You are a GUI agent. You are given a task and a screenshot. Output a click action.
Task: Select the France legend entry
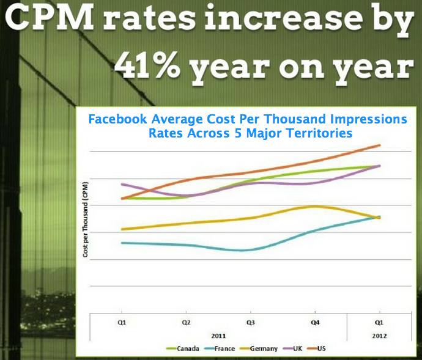point(221,348)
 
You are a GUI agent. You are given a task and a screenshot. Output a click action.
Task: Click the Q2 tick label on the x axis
point(187,322)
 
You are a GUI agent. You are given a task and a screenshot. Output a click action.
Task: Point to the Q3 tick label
point(251,322)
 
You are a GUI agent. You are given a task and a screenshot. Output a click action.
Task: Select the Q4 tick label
point(315,322)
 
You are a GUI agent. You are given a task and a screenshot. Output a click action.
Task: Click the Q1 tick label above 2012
point(379,322)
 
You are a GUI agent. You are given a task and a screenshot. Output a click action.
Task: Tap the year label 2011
point(218,336)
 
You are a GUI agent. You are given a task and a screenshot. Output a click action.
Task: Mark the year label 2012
point(379,336)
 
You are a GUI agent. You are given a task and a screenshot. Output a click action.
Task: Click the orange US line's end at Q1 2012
point(380,145)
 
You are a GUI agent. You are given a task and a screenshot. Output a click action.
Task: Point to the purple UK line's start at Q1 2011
point(122,184)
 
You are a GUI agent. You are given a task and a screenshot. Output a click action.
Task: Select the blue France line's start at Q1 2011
point(122,243)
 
